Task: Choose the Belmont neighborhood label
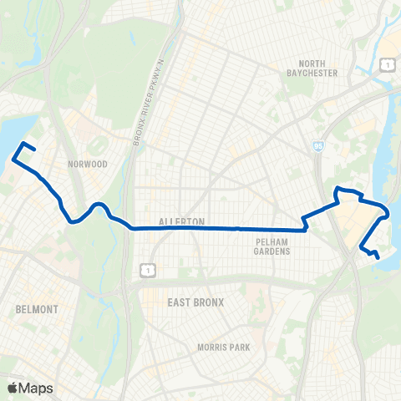pos(38,309)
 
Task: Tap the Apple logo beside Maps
pos(13,388)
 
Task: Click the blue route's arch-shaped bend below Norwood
pos(98,205)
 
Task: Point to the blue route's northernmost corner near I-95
pos(338,190)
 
